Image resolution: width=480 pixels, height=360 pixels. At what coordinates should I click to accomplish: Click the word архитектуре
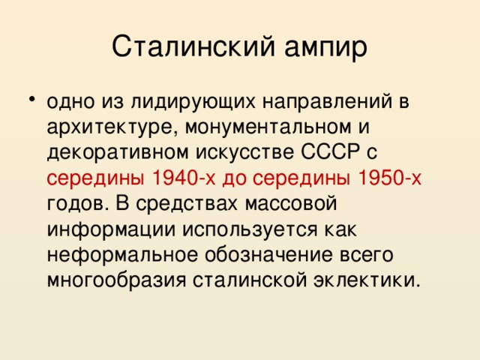[x=110, y=126]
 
